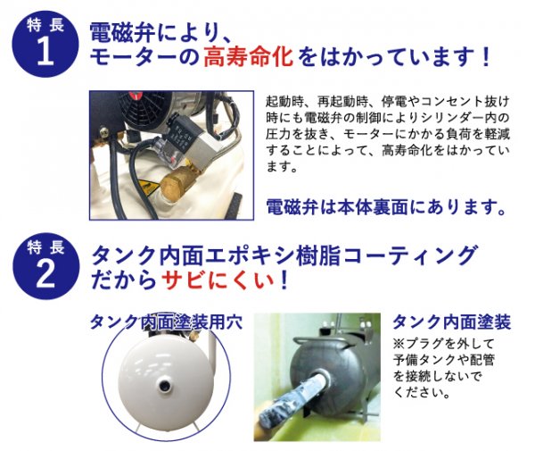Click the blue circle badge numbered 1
(45, 44)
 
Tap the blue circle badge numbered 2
(45, 266)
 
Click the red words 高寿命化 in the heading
(249, 57)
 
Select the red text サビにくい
(218, 280)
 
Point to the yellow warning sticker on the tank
(149, 187)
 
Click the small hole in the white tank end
(166, 385)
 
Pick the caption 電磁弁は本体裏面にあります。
(385, 207)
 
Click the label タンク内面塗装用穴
(166, 322)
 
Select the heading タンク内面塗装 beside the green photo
(452, 322)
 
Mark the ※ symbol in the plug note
(399, 343)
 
